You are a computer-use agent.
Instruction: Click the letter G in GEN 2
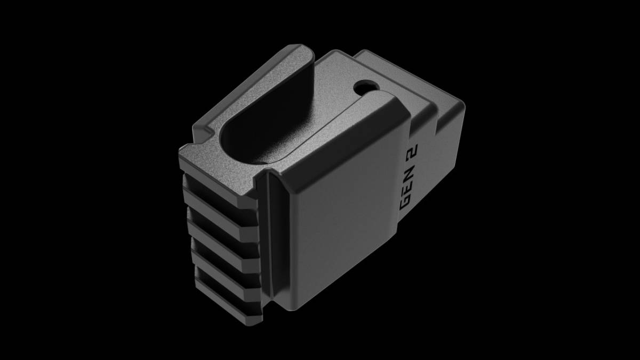click(405, 202)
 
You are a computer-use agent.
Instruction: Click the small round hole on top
click(366, 86)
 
